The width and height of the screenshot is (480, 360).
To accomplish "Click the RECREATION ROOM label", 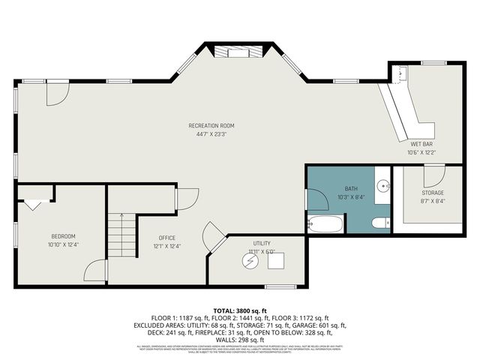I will [x=211, y=125].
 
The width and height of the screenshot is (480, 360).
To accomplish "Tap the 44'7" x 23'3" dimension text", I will [x=211, y=134].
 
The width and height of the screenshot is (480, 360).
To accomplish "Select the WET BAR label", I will [x=421, y=143].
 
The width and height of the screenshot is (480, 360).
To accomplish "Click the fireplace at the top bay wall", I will [x=237, y=52].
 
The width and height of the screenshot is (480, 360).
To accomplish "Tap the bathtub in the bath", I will [x=325, y=223].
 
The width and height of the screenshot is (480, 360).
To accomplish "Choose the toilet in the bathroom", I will [x=379, y=221].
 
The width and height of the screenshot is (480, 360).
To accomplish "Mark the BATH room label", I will [x=351, y=189].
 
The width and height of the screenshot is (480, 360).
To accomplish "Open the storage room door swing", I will [x=433, y=176].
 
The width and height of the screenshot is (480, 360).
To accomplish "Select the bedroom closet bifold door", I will [x=34, y=202].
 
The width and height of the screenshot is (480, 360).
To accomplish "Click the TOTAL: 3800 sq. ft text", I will [x=239, y=310].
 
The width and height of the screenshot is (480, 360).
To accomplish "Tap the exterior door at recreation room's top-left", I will [x=57, y=92].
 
